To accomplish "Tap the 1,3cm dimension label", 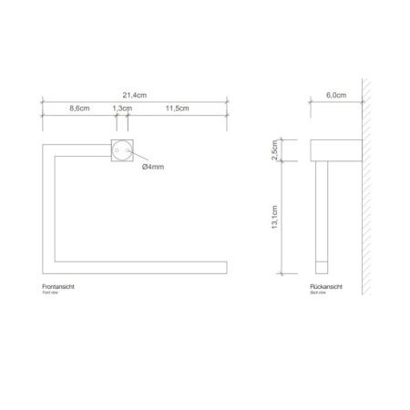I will [x=119, y=108].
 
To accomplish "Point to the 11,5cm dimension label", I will [x=178, y=108].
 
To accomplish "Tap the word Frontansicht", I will [x=61, y=287].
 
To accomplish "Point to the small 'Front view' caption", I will [x=54, y=294].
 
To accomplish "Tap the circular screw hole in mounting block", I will [x=121, y=150].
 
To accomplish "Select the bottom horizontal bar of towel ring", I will [x=137, y=266].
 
